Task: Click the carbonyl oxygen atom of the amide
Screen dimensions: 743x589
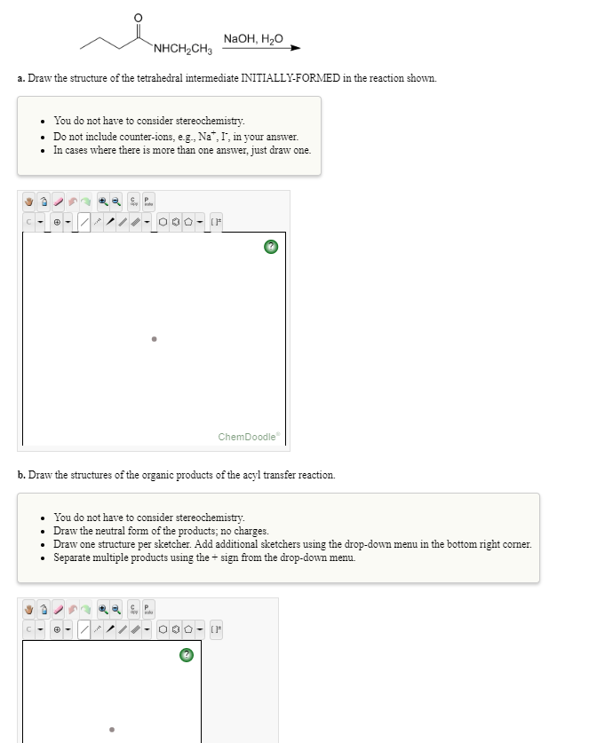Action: tap(137, 18)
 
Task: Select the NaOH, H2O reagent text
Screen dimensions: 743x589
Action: tap(253, 38)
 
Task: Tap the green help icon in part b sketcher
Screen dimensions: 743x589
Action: tap(186, 656)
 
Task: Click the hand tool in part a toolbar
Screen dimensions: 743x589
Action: tap(29, 202)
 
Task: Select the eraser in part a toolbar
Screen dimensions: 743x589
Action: tap(63, 202)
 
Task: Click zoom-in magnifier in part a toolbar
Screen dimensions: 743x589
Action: tap(104, 202)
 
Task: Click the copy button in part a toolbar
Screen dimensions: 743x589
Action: tap(133, 202)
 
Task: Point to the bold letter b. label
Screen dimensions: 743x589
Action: tap(21, 475)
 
